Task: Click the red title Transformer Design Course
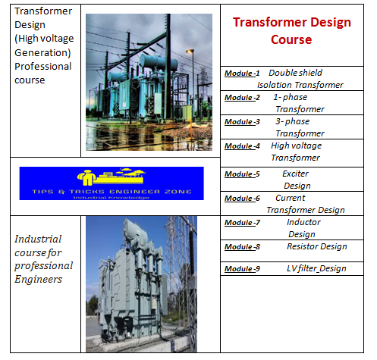pos(292,31)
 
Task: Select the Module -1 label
pos(242,73)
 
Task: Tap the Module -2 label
pos(242,97)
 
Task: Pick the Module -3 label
pos(242,121)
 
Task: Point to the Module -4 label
pos(242,146)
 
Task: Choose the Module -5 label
pos(242,174)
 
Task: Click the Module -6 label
pos(242,198)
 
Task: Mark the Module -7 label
pos(242,222)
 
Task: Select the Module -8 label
pos(242,246)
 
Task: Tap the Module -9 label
pos(242,268)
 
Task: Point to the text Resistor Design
pos(317,246)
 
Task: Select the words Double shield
pos(300,73)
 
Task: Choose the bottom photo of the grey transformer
pos(141,277)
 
